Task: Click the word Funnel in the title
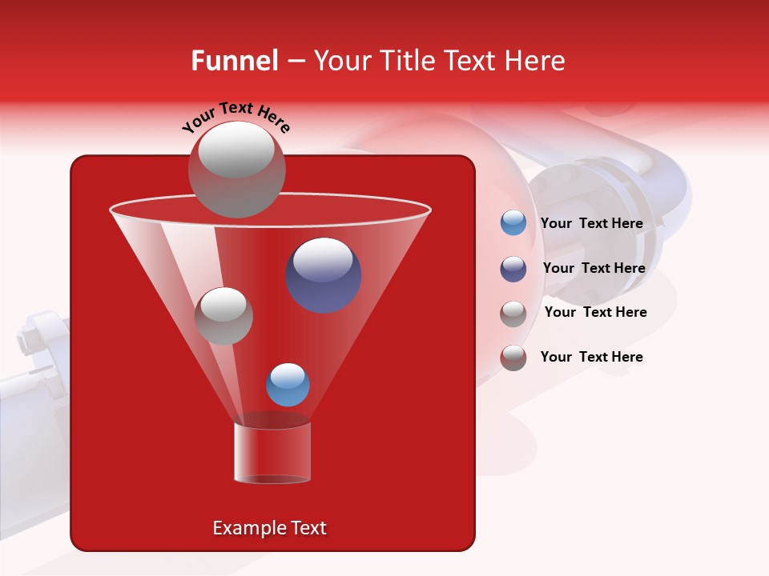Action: [x=234, y=61]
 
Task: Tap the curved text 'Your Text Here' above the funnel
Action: [x=236, y=118]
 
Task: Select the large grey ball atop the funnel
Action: [x=236, y=169]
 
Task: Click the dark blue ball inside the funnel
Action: [x=324, y=274]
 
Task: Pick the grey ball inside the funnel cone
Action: [x=223, y=316]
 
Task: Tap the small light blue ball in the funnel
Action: [x=288, y=385]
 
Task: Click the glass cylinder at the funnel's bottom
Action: [x=272, y=453]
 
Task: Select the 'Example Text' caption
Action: [x=270, y=528]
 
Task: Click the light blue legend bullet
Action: [x=513, y=223]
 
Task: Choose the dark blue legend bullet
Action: [x=513, y=269]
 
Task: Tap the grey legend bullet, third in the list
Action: [x=513, y=313]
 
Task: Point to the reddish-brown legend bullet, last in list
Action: [x=513, y=358]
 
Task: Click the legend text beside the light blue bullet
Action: [x=591, y=224]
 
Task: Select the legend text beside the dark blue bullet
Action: [x=594, y=269]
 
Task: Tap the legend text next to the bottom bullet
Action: [x=591, y=357]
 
